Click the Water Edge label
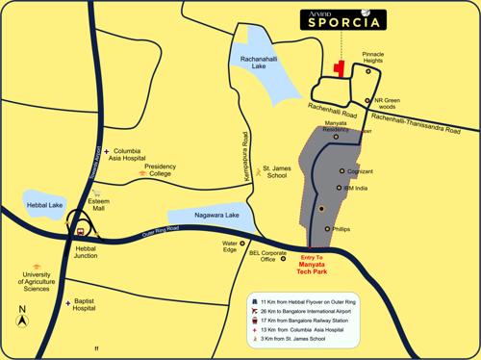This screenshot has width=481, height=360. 230,246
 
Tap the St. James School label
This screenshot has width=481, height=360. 278,173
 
